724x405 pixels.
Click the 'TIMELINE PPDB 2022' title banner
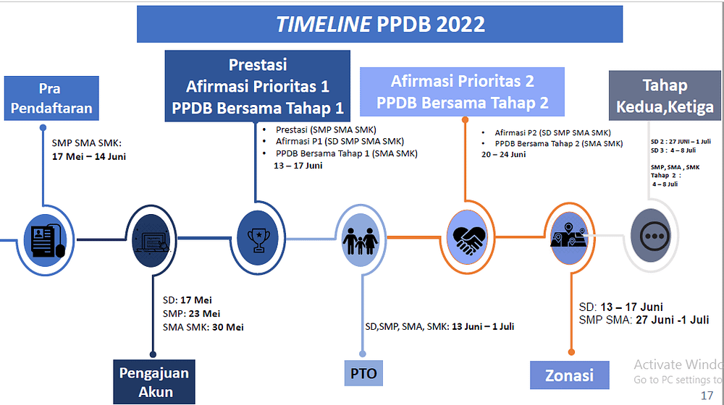(x=379, y=24)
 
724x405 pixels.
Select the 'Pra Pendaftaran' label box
(x=51, y=98)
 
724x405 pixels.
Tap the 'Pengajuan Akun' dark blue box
(x=154, y=382)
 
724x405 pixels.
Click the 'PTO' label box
(x=363, y=372)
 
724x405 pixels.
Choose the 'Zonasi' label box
(x=569, y=375)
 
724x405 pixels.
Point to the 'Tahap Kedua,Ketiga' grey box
(x=665, y=95)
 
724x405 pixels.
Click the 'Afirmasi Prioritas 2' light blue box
(x=462, y=92)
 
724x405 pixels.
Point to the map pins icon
(x=569, y=236)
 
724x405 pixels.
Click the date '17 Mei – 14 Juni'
(x=88, y=156)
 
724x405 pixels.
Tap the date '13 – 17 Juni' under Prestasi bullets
(x=298, y=165)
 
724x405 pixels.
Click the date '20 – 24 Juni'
(x=503, y=154)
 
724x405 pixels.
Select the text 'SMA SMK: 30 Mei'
(x=203, y=327)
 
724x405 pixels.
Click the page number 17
(x=707, y=396)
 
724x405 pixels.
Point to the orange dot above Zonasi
(x=571, y=352)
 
